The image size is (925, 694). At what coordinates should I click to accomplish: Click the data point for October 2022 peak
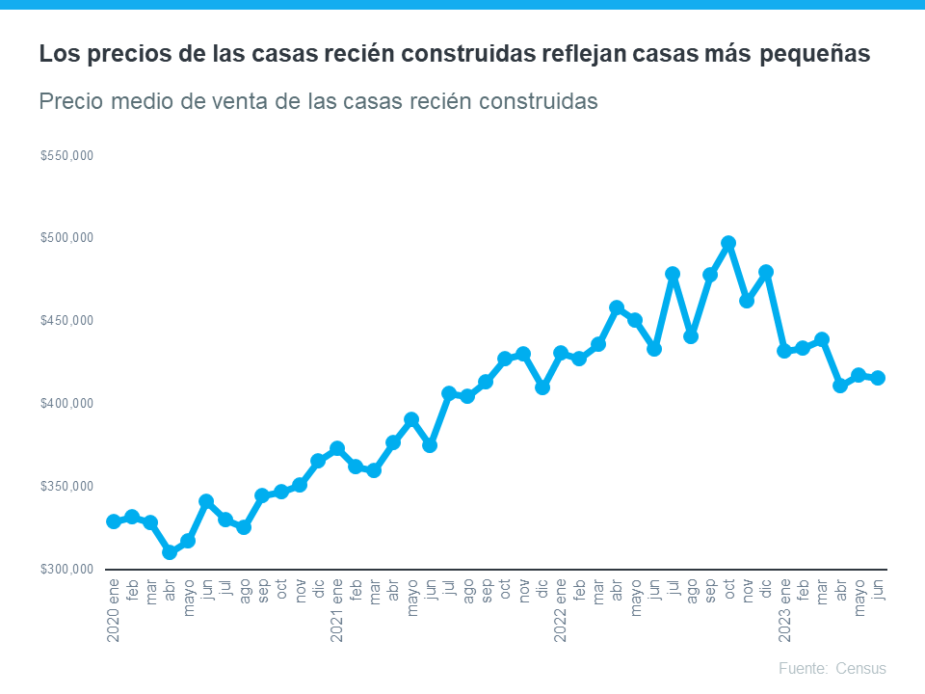pyautogui.click(x=728, y=243)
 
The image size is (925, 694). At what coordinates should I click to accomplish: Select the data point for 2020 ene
pyautogui.click(x=114, y=521)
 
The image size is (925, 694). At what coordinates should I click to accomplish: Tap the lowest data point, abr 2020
pyautogui.click(x=170, y=552)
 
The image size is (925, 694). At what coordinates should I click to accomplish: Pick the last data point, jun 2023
pyautogui.click(x=878, y=378)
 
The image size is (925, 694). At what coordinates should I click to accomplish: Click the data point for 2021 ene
pyautogui.click(x=337, y=448)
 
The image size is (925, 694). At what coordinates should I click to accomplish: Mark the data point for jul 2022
pyautogui.click(x=673, y=274)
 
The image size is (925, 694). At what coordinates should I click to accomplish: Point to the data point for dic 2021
pyautogui.click(x=542, y=387)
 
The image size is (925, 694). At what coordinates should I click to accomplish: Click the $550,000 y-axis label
pyautogui.click(x=66, y=156)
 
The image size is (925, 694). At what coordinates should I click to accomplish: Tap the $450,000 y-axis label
pyautogui.click(x=66, y=321)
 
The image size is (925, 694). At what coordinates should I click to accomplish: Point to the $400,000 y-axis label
pyautogui.click(x=66, y=404)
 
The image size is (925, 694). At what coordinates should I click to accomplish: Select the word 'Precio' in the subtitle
pyautogui.click(x=71, y=101)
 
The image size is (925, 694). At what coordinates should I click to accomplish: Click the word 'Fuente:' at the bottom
pyautogui.click(x=802, y=669)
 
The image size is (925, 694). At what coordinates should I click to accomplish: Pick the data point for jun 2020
pyautogui.click(x=206, y=501)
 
